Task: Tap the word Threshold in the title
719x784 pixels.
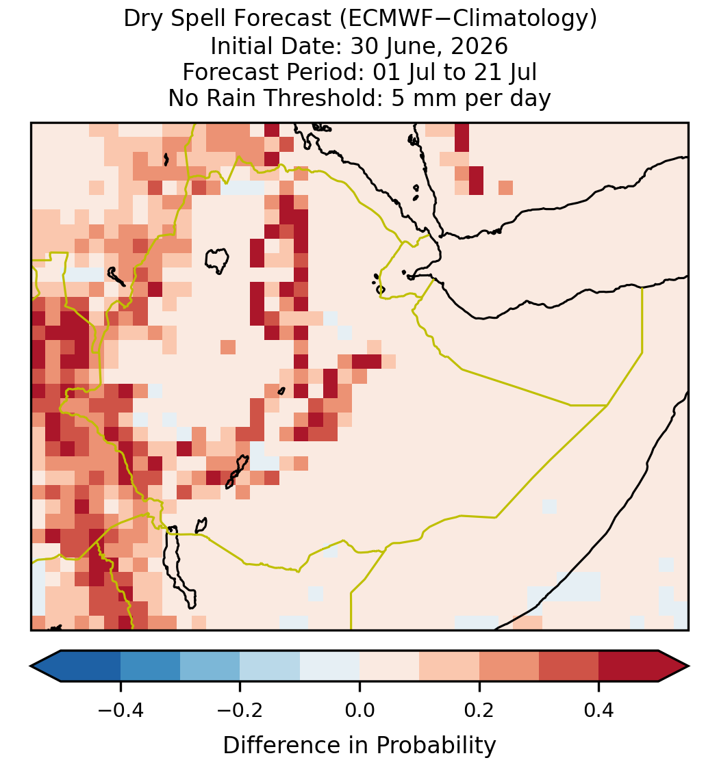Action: [333, 98]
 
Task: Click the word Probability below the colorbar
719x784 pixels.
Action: [436, 746]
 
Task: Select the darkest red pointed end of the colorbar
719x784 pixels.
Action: [674, 666]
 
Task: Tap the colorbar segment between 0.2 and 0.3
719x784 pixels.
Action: [509, 666]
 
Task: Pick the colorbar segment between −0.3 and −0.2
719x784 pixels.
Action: [210, 666]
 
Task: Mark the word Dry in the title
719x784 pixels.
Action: [141, 20]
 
